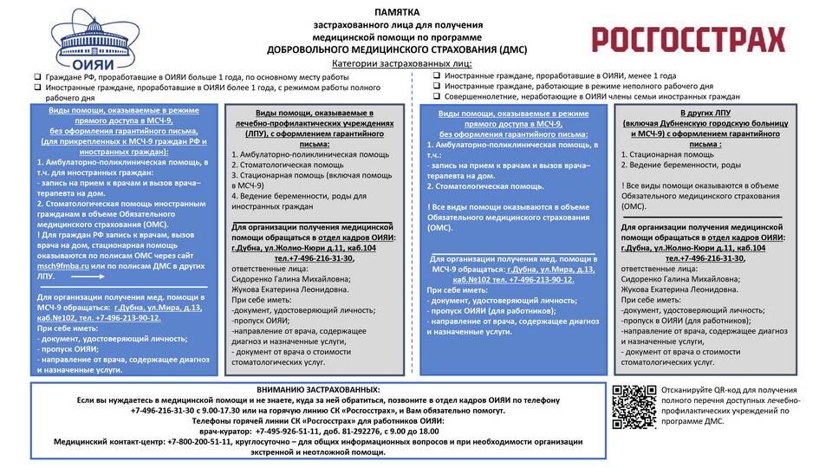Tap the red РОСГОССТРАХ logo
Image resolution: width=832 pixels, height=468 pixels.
coord(688,39)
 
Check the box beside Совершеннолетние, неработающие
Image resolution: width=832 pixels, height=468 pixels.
coord(437,97)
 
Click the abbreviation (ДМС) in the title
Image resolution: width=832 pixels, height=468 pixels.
coord(510,49)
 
